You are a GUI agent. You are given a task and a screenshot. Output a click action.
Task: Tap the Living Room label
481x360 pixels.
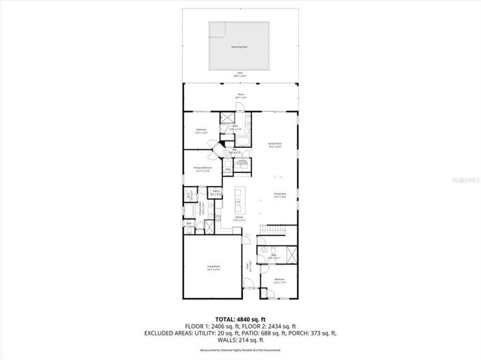pos(214,267)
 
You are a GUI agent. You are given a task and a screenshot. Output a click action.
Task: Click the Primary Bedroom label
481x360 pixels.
pos(203,168)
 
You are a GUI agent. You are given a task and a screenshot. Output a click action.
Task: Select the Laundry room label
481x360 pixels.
pos(242,162)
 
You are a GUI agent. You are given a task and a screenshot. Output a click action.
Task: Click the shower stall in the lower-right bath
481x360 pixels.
pos(292,255)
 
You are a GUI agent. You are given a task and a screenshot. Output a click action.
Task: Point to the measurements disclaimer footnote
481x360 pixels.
pos(240,350)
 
